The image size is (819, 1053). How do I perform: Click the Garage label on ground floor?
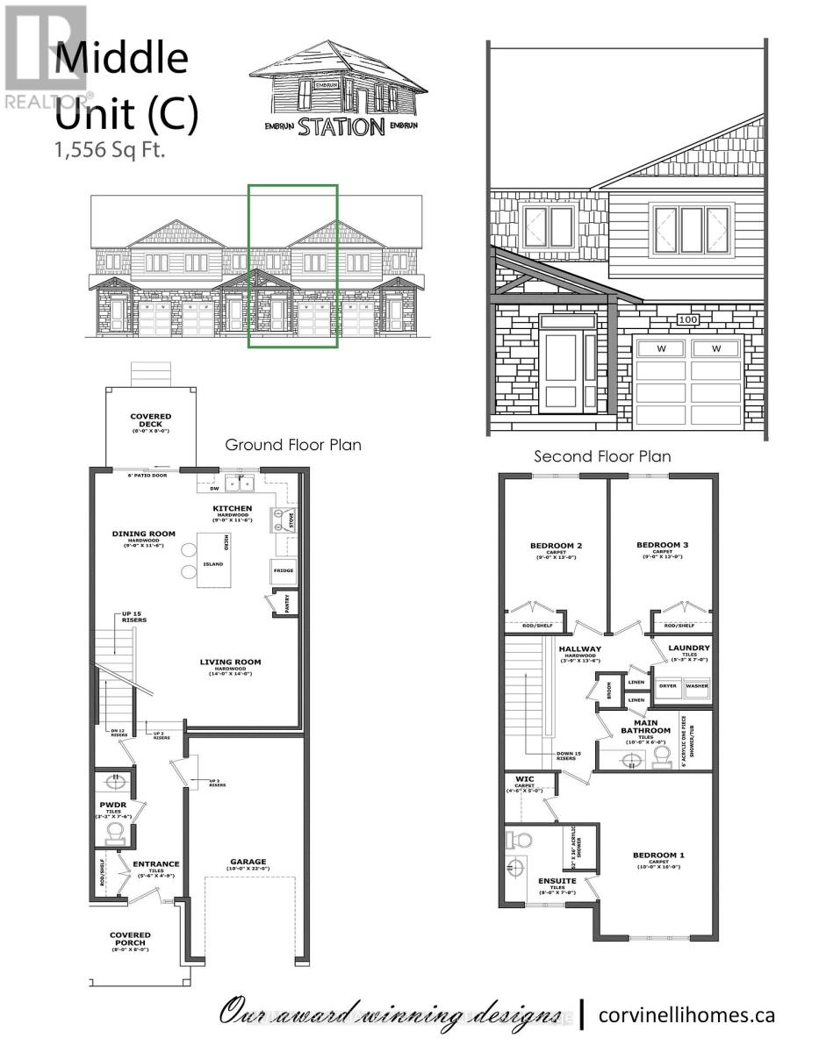[x=248, y=861]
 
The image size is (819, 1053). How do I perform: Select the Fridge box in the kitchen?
[x=283, y=571]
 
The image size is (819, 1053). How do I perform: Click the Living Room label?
[x=230, y=663]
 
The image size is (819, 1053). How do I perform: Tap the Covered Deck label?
[x=151, y=420]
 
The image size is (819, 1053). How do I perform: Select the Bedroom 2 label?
[x=556, y=545]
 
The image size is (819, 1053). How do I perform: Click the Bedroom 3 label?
[x=662, y=545]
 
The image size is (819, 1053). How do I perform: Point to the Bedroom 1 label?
[x=658, y=855]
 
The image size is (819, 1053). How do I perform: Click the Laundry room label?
[x=689, y=648]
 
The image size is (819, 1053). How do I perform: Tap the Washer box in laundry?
[x=697, y=686]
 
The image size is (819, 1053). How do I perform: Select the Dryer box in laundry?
[x=669, y=686]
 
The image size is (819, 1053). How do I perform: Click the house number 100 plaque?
[x=687, y=320]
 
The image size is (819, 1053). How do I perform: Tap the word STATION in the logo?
[x=341, y=126]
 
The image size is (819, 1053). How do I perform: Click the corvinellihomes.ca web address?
[x=686, y=1014]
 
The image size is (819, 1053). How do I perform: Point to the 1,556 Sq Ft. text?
[x=111, y=149]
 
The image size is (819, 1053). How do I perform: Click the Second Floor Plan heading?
[x=602, y=456]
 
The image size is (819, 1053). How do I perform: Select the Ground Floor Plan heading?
[x=293, y=445]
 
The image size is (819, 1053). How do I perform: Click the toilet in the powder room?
[x=114, y=831]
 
